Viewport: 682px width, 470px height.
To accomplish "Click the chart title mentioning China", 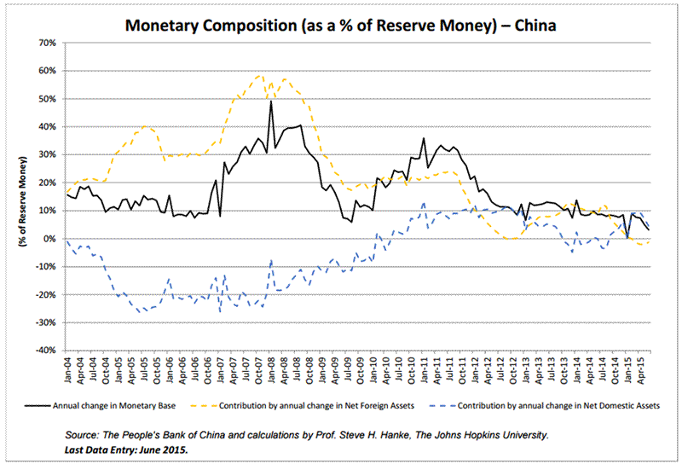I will tap(341, 25).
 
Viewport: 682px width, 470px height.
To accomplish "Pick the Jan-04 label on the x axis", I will tap(69, 368).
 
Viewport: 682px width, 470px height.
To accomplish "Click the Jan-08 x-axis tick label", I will tap(271, 368).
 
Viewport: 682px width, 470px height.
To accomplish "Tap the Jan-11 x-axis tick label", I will tap(424, 368).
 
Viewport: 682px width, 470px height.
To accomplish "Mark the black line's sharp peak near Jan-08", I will tap(271, 102).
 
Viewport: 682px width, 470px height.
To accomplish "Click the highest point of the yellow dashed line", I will tap(260, 75).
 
